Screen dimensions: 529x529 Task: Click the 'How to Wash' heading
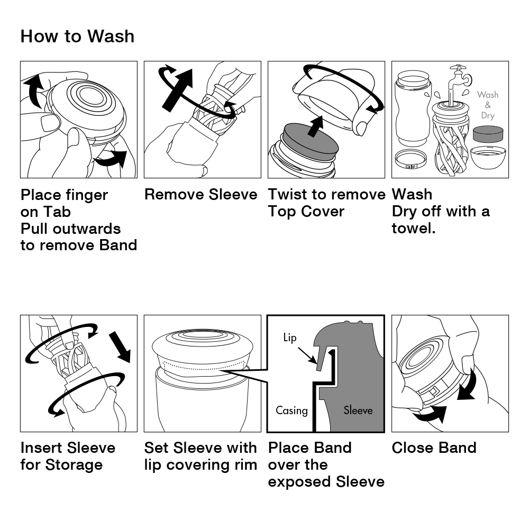click(x=77, y=37)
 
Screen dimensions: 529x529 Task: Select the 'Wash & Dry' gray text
click(x=487, y=105)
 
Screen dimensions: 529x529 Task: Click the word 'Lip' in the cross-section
click(x=290, y=338)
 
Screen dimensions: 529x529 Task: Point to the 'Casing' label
click(x=291, y=410)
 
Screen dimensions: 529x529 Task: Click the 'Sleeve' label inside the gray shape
click(x=358, y=410)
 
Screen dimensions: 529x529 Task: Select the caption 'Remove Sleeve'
click(x=200, y=195)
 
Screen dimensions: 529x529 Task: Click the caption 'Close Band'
click(x=434, y=448)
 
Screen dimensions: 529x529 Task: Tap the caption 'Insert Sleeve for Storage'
click(x=68, y=456)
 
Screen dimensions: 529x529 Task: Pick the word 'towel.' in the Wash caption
click(x=414, y=229)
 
